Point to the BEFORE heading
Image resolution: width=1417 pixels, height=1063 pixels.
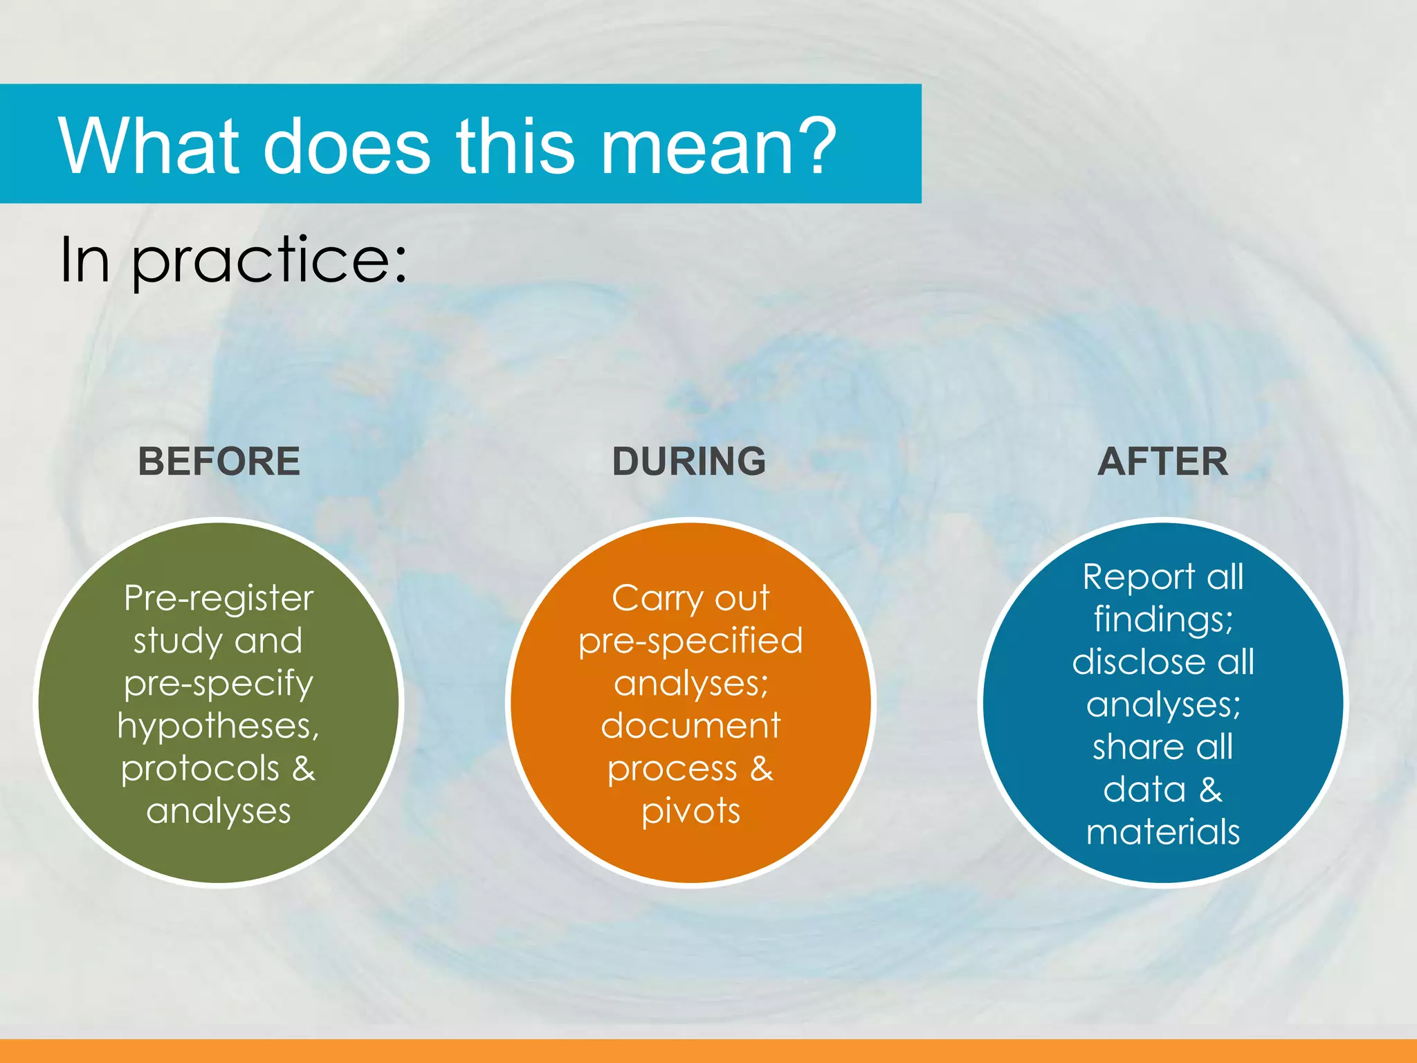tap(219, 462)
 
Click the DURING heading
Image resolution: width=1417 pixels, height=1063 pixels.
tap(689, 462)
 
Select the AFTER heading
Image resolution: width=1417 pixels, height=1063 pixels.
tap(1163, 462)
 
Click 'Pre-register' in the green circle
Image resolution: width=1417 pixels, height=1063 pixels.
tap(219, 598)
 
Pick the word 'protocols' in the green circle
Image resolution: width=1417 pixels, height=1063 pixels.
tap(200, 769)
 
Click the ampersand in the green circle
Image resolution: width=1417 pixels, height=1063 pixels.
tap(303, 769)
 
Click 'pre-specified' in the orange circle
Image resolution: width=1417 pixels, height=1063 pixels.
tap(691, 642)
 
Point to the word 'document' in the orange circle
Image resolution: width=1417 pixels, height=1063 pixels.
tap(691, 726)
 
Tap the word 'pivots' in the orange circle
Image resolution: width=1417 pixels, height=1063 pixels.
tap(691, 811)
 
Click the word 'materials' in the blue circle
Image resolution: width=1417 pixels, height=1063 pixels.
tap(1163, 833)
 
